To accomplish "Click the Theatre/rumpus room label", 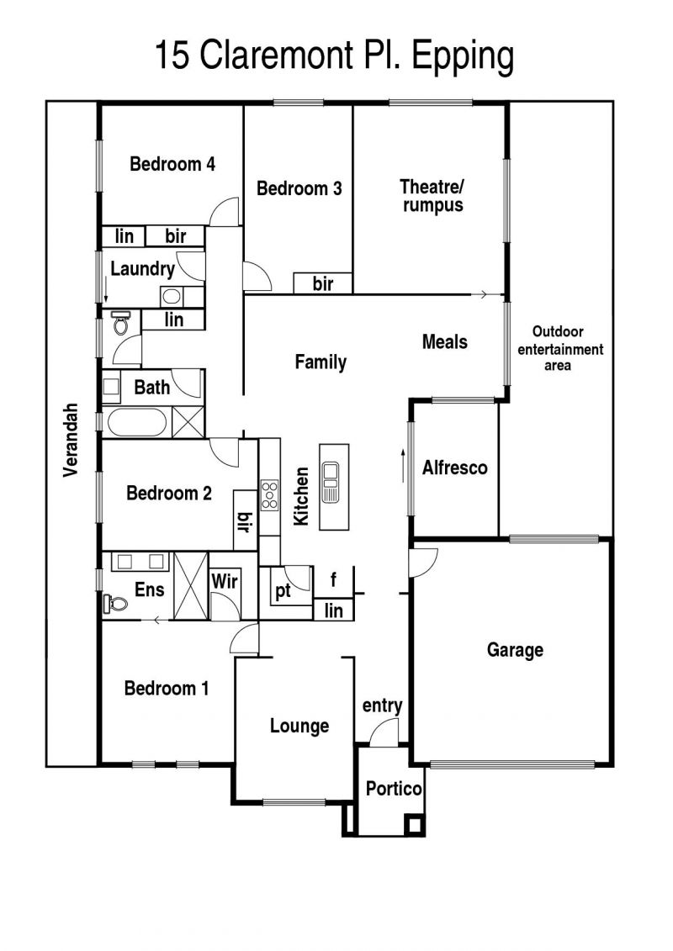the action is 432,195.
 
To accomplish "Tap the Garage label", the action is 515,650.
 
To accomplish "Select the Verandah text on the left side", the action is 71,439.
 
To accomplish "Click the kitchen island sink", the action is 330,482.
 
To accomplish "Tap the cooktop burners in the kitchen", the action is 269,495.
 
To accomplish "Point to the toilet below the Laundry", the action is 120,323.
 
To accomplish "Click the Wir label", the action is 225,581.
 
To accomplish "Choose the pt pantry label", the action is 283,590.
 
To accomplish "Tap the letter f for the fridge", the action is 333,579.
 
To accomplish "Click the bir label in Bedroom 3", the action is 323,283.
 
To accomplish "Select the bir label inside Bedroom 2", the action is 245,521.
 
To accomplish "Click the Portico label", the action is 393,789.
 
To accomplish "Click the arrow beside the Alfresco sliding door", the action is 402,466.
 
